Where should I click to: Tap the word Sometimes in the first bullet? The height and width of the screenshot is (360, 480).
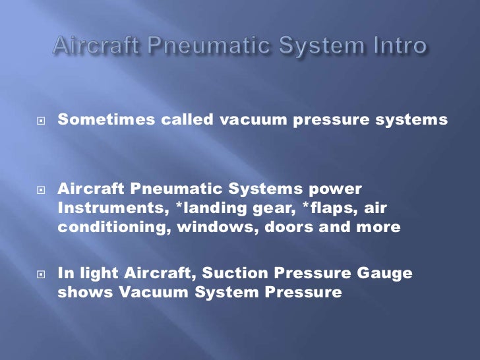click(97, 120)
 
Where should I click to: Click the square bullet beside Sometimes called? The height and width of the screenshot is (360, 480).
click(41, 121)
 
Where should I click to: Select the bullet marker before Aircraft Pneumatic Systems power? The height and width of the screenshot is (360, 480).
click(41, 189)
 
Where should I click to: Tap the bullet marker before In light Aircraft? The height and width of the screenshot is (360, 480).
click(41, 274)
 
